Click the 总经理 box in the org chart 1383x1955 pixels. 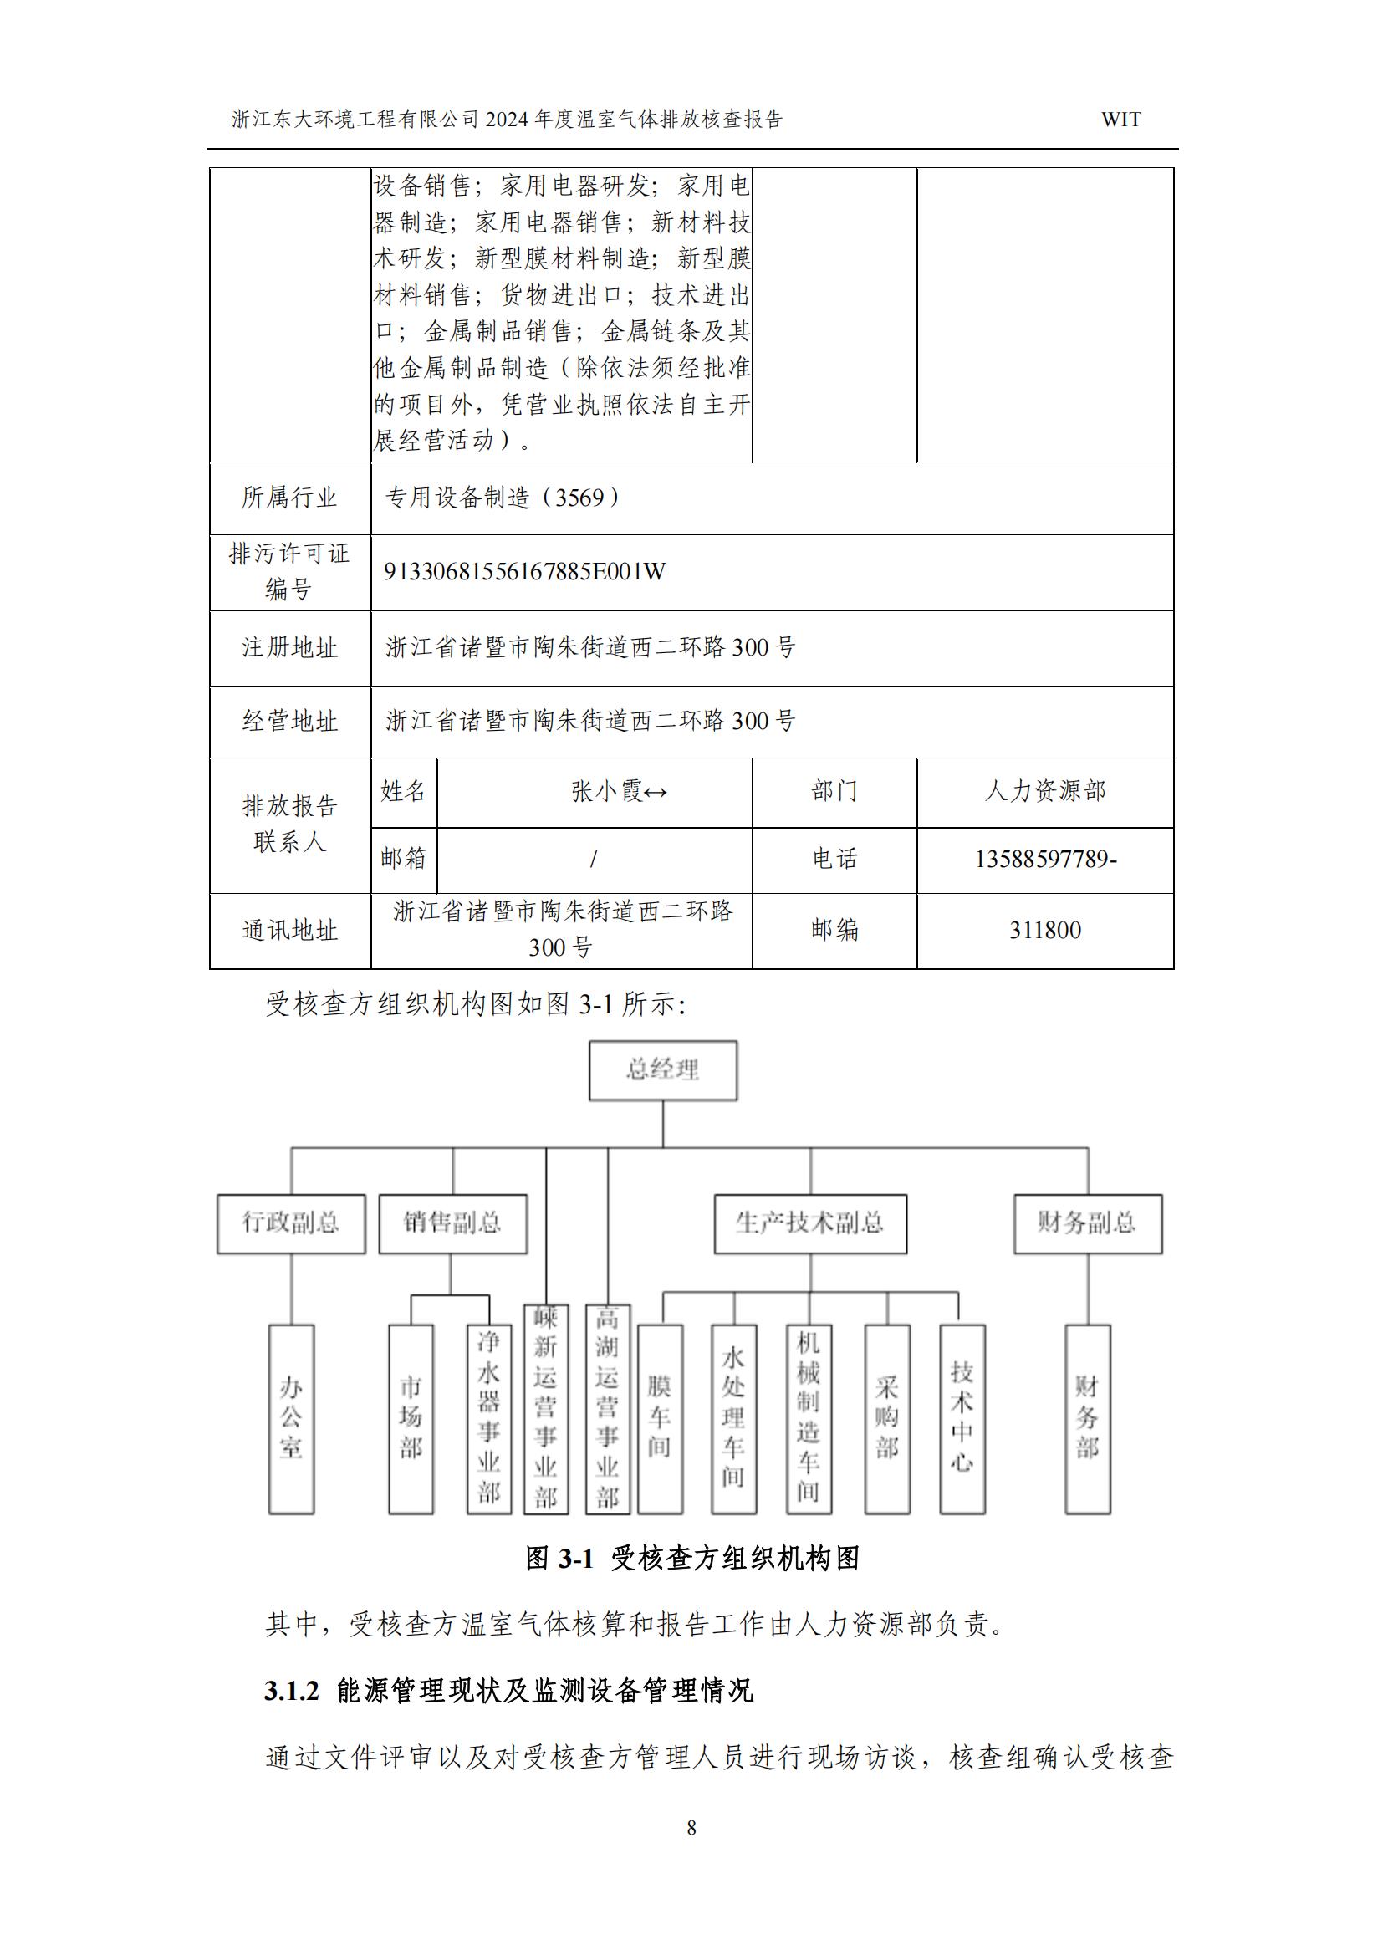(662, 1070)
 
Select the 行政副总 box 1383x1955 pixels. (291, 1223)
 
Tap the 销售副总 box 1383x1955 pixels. (452, 1223)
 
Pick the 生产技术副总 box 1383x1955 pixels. (810, 1223)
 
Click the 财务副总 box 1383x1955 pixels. (1088, 1223)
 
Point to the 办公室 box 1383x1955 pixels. (291, 1418)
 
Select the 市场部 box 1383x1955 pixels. (411, 1418)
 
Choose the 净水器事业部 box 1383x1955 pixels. (489, 1418)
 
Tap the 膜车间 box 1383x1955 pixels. (660, 1418)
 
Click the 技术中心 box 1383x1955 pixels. (962, 1418)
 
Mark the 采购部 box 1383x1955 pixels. (886, 1418)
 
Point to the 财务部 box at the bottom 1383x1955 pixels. (1088, 1418)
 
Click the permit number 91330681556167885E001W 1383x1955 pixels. (524, 571)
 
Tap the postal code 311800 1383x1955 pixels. (1045, 930)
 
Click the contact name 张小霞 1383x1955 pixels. (607, 792)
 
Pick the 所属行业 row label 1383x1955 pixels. (289, 498)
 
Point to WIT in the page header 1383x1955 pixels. (1120, 120)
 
